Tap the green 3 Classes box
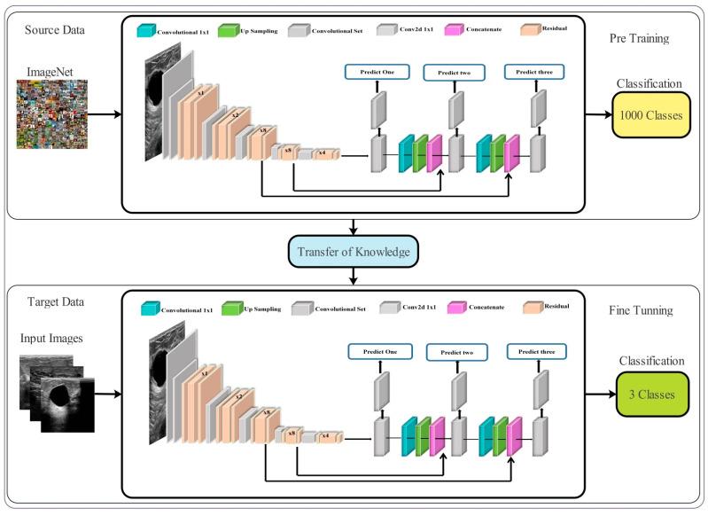(x=651, y=394)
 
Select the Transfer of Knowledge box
(x=354, y=252)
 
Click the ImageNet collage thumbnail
(x=51, y=113)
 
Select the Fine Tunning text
(x=642, y=311)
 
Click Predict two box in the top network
(x=455, y=72)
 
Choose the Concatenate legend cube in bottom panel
(x=455, y=309)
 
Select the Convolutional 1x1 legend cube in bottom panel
(x=147, y=309)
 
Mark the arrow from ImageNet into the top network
(x=105, y=114)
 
